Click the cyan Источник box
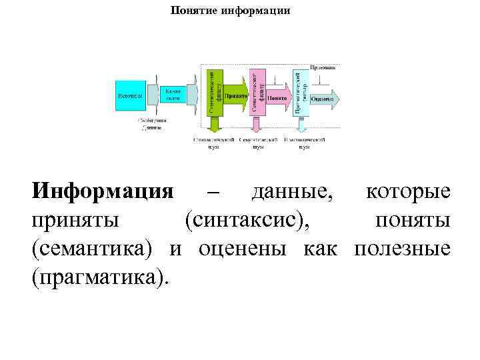coord(131,95)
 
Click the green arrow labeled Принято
coord(235,97)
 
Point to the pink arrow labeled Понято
coord(279,98)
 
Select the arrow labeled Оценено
coord(325,98)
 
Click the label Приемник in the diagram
coord(323,68)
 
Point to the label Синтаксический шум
coord(213,143)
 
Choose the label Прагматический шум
coord(304,143)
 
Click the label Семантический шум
coord(258,143)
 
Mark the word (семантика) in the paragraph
coord(93,248)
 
